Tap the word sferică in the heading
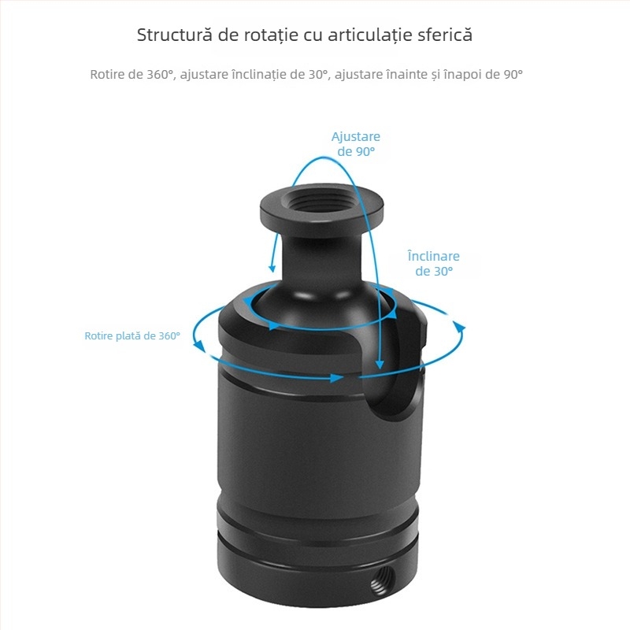(443, 35)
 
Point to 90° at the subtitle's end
(513, 75)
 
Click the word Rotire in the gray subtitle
(107, 75)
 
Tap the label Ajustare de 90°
(356, 144)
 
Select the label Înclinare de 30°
(433, 264)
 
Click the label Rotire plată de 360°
(132, 335)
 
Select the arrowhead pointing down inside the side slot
(380, 365)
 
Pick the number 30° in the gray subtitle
(317, 75)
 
